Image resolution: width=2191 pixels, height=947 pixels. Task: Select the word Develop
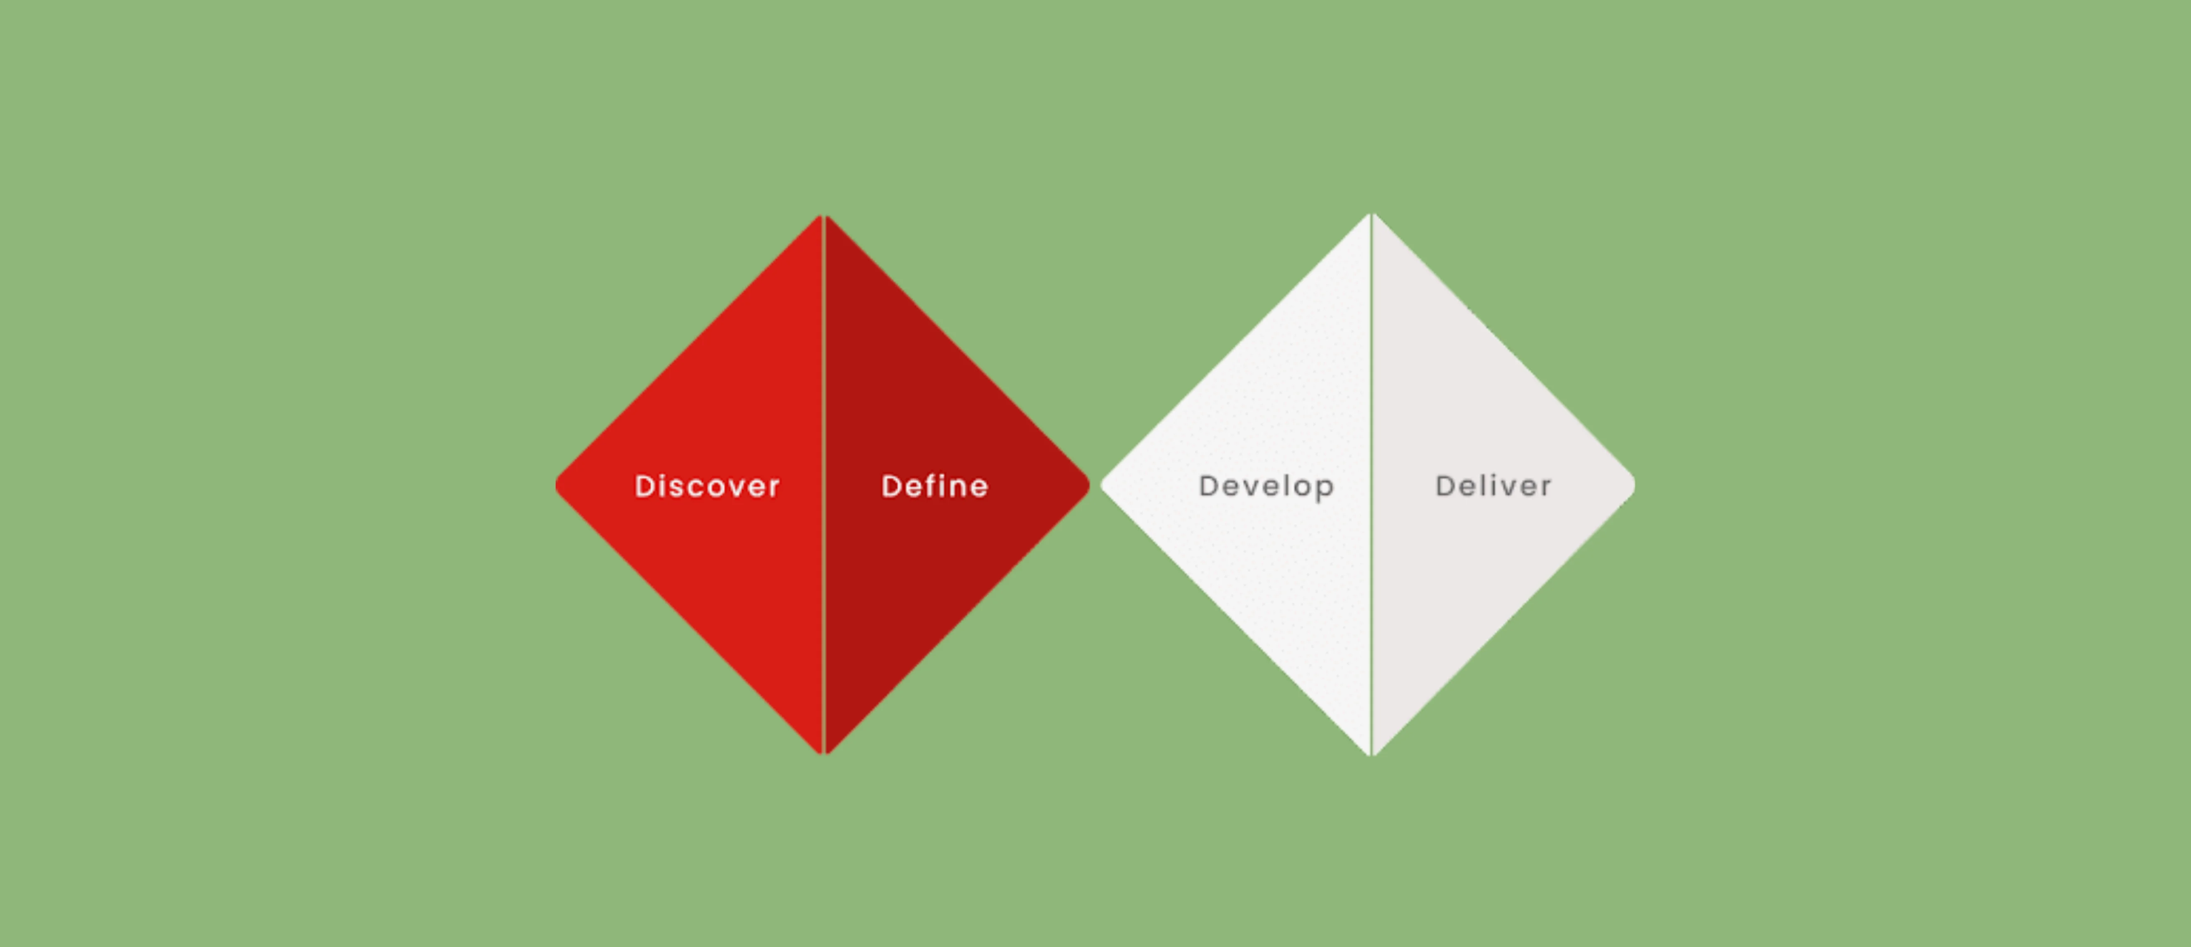[x=1266, y=487]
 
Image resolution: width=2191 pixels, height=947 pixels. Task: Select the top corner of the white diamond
[x=1371, y=213]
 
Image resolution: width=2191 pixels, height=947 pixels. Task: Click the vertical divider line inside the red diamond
[x=823, y=485]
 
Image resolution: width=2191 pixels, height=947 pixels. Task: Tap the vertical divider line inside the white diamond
[x=1371, y=485]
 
